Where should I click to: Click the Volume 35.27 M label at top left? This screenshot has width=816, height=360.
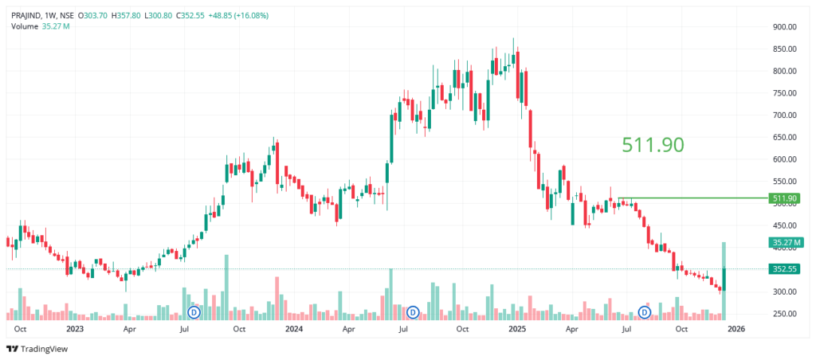tap(41, 26)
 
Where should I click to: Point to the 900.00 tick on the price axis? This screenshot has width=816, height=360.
tap(783, 27)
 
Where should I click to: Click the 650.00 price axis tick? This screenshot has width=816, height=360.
tap(783, 137)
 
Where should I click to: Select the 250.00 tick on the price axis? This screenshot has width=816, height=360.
tap(783, 314)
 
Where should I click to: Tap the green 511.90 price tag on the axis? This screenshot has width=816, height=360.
tap(784, 198)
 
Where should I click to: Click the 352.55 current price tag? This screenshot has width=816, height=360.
tap(784, 269)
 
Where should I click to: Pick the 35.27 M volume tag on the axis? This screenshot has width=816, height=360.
tap(784, 242)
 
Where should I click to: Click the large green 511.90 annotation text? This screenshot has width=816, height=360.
tap(653, 144)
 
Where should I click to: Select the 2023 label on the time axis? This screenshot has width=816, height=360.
tap(75, 328)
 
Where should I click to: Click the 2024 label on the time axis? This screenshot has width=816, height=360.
tap(294, 328)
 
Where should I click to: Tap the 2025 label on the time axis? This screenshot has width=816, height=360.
tap(517, 328)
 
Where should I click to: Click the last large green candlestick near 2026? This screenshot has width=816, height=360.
tap(724, 279)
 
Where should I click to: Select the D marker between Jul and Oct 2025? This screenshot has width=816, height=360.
tap(644, 312)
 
